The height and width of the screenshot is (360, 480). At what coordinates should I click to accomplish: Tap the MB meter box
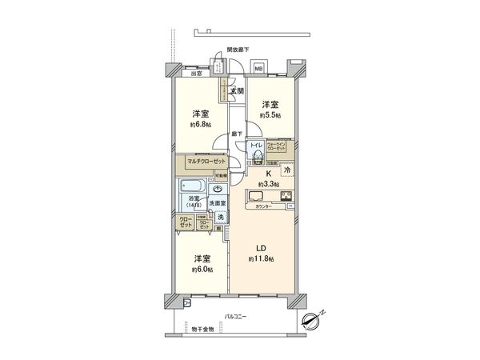[x=258, y=69]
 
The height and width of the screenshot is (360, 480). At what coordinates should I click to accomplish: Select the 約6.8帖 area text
[x=202, y=125]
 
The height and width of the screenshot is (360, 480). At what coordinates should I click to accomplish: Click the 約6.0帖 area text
[x=202, y=270]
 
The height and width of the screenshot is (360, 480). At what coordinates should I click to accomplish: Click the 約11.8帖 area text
[x=261, y=260]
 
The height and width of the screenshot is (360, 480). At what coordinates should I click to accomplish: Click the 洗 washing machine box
[x=219, y=216]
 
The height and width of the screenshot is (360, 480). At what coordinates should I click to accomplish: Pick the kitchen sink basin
[x=259, y=197]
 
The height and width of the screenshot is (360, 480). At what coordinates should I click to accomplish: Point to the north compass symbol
[x=314, y=319]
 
